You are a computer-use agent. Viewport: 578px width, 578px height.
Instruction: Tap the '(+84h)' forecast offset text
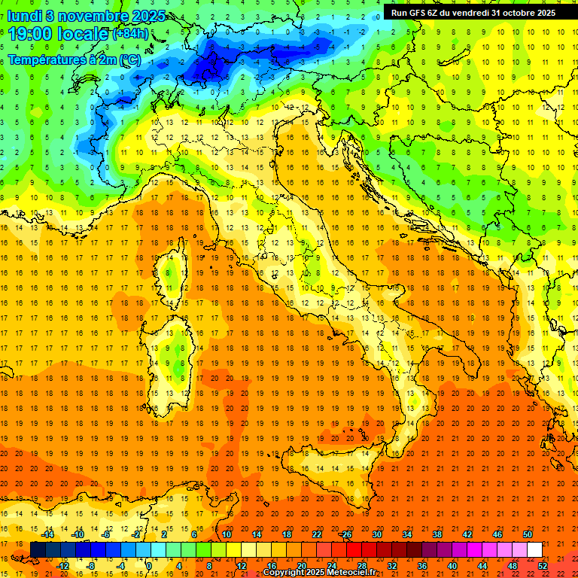[130, 35]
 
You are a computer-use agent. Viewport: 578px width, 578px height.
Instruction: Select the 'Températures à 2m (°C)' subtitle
[74, 59]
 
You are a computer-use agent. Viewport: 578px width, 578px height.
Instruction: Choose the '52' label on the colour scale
[542, 566]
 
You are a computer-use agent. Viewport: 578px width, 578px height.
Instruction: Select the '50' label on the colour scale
[528, 534]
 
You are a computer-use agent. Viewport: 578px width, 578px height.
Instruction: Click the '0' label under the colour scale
[149, 566]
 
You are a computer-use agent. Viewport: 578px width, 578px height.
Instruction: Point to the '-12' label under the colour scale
[62, 566]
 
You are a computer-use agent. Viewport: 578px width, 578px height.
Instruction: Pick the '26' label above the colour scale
[346, 534]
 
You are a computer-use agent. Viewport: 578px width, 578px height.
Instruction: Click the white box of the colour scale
[534, 550]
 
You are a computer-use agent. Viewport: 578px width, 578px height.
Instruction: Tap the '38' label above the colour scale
[437, 534]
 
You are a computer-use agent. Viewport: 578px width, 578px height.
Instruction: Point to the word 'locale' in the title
[81, 34]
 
